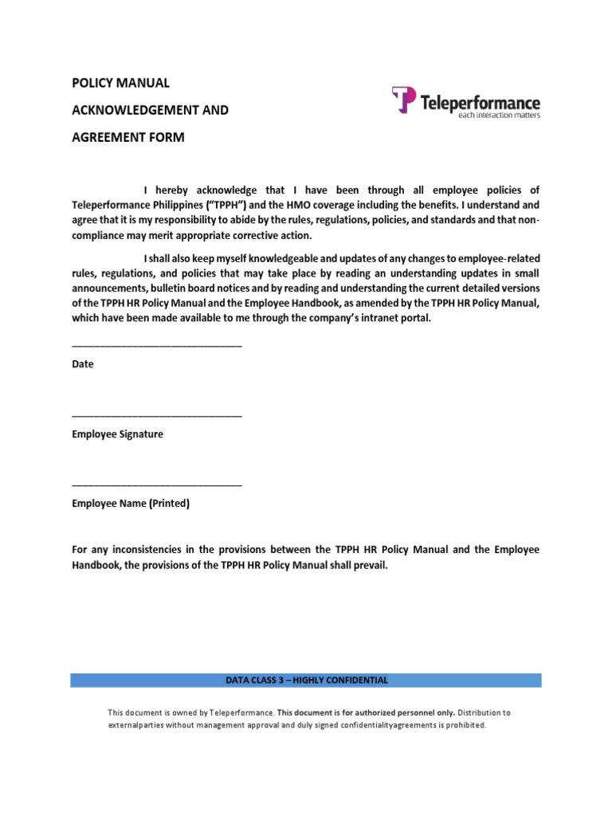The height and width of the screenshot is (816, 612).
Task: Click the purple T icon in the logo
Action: coord(404,100)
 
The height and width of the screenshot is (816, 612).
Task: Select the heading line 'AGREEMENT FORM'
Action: coord(128,137)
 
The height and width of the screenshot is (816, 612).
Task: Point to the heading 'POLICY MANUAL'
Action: coord(120,83)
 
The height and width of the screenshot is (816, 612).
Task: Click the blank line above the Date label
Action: coord(157,346)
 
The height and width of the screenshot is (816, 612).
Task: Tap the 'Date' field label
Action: coord(83,364)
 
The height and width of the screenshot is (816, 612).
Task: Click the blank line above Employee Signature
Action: coord(157,416)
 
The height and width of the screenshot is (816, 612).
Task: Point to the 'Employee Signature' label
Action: coord(117,434)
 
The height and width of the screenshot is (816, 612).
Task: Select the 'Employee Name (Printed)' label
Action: coord(131,504)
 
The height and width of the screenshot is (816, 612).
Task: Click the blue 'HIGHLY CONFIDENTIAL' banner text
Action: coord(307,681)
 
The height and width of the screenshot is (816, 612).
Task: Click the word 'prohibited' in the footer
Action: coord(461,726)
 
